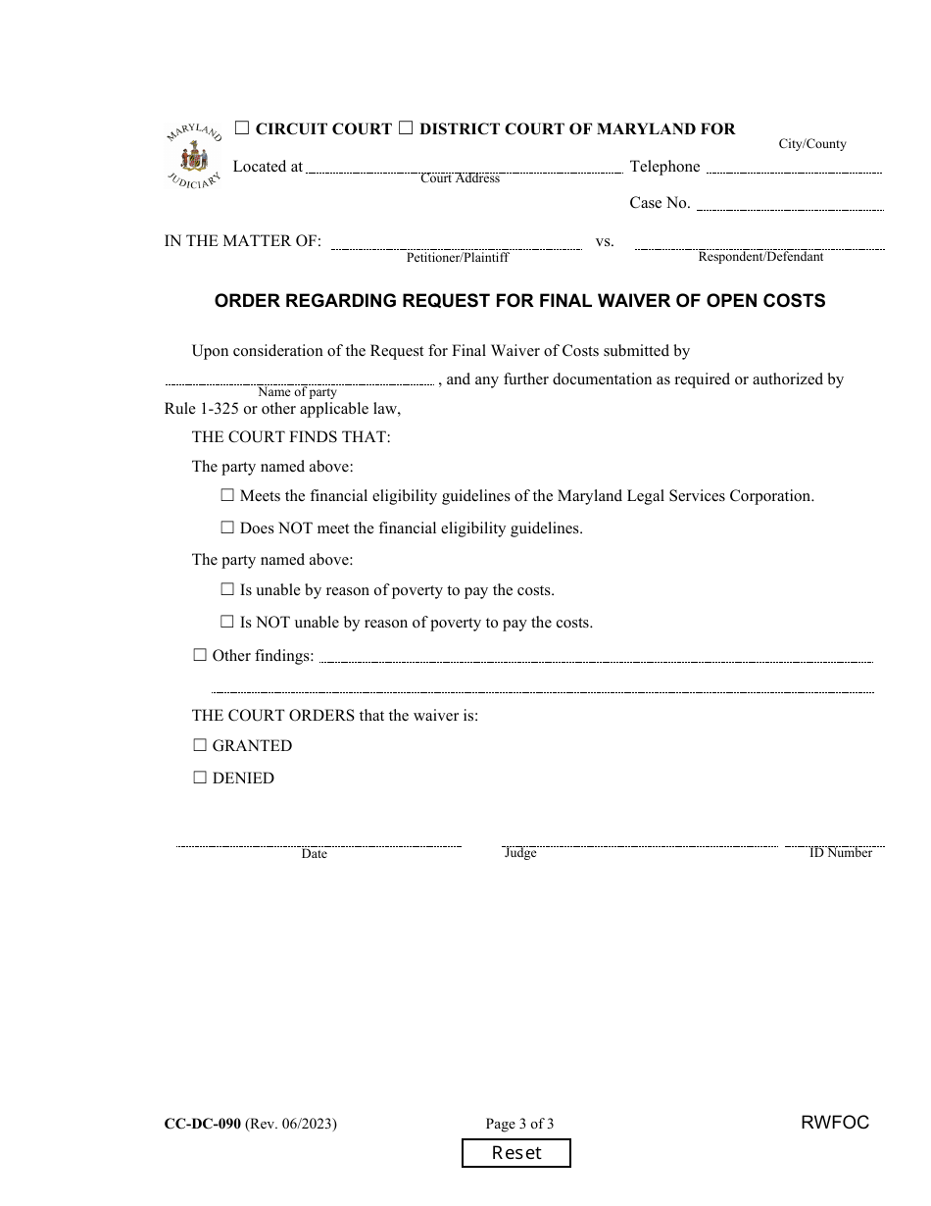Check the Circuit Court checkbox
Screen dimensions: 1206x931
242,128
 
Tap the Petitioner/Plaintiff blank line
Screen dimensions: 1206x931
457,244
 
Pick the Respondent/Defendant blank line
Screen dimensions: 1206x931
759,244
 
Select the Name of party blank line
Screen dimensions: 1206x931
299,380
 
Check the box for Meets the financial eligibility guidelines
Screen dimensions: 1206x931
227,496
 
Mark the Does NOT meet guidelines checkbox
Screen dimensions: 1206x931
227,528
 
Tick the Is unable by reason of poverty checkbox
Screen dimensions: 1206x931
227,590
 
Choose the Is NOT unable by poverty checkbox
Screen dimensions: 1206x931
227,622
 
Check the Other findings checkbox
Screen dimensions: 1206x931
200,655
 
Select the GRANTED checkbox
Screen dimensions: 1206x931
200,745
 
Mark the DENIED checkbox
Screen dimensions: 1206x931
200,778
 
